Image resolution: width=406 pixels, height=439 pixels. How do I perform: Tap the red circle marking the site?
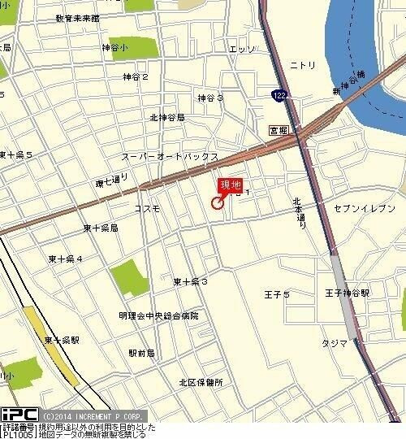(x=218, y=202)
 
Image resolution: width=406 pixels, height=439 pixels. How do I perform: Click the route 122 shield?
(x=279, y=95)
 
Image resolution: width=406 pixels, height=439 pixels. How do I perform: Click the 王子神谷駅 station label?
(x=347, y=292)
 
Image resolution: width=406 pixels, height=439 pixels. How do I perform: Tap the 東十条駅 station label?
(x=62, y=339)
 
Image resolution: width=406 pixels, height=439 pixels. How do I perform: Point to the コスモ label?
(x=148, y=209)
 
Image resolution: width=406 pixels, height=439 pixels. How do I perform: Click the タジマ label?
(x=335, y=343)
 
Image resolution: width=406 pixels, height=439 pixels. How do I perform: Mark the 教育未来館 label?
(x=78, y=17)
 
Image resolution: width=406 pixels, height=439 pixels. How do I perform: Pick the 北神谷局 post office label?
(x=167, y=117)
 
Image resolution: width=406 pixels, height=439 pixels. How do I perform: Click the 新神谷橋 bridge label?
(x=345, y=84)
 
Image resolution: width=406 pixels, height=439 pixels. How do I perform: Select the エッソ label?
(x=242, y=49)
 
